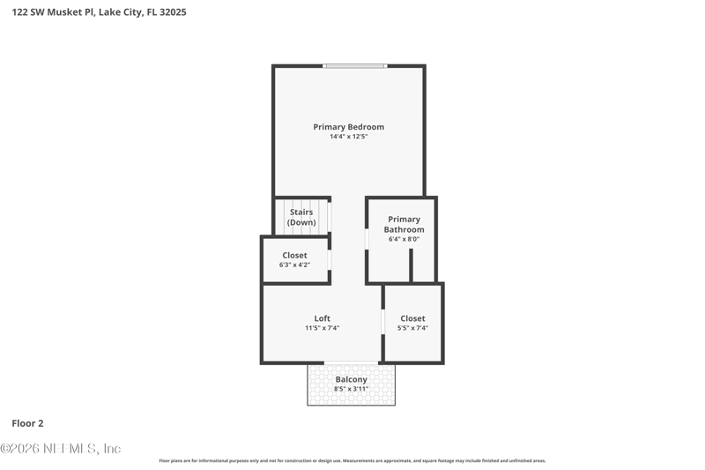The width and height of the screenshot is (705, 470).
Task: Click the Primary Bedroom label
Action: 348,127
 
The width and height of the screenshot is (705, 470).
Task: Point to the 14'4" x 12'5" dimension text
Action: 348,137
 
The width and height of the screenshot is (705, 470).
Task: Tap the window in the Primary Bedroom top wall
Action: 354,66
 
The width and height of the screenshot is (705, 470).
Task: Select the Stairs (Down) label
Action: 301,217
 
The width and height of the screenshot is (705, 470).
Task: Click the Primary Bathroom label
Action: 404,224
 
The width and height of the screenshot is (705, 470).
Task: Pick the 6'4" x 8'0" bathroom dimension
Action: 404,239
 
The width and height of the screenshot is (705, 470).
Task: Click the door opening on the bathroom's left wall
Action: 367,239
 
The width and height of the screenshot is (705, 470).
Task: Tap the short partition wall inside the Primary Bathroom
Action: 411,265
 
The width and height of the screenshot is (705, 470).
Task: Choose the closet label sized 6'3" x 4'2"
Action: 294,256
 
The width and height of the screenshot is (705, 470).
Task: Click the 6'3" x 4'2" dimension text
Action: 294,265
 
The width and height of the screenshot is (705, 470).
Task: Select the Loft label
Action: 323,318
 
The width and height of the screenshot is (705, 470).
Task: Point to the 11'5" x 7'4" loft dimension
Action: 323,328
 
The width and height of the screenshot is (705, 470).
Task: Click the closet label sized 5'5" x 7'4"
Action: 412,318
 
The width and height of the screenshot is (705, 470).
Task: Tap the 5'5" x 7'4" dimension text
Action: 412,328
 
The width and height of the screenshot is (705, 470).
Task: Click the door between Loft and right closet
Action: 382,322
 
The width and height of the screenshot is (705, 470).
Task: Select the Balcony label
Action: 351,379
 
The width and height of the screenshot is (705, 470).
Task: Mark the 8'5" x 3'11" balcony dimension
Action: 351,389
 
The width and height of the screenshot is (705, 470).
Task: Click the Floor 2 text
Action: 27,423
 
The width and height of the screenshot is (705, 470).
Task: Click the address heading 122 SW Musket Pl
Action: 99,12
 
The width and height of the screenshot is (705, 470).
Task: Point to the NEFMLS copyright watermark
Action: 60,449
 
